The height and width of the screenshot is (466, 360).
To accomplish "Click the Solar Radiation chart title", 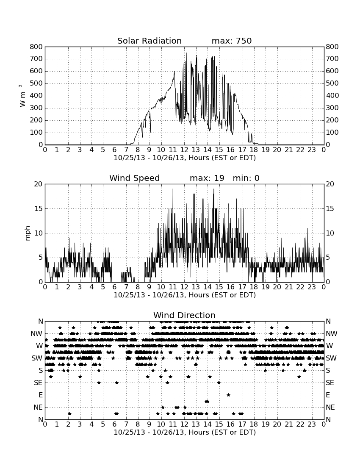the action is pos(150,41).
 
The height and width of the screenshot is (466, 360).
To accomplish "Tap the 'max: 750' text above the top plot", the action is pos(232,41).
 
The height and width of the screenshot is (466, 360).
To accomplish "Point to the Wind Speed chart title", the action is pos(135,178).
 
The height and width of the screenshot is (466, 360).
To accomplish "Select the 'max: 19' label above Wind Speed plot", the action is pos(207,178).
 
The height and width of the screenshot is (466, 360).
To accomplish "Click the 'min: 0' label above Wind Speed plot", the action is pos(246,178).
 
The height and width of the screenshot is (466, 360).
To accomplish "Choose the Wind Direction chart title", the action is pos(185,315).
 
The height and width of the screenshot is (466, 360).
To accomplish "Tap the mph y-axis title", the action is pos(28,233).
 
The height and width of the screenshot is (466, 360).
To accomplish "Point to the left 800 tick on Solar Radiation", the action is pos(36,47).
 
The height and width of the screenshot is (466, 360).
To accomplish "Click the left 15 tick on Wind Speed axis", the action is pos(39,208).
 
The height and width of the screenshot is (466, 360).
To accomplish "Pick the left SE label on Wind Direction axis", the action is pos(38,383).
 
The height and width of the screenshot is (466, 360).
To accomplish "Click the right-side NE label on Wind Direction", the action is pos(330,407).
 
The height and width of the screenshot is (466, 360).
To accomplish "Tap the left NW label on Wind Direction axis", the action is pos(37,333).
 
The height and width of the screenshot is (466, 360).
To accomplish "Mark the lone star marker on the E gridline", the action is pos(228,395).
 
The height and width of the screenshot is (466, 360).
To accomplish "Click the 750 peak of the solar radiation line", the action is pos(186,53).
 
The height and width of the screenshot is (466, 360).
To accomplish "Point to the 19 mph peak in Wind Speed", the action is pos(213,189).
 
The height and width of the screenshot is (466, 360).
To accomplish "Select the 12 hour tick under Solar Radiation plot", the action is pos(185,150).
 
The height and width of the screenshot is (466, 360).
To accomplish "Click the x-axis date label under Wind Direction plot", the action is pos(185,432).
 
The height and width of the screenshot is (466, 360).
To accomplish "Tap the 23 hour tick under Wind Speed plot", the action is pos(312,287).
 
